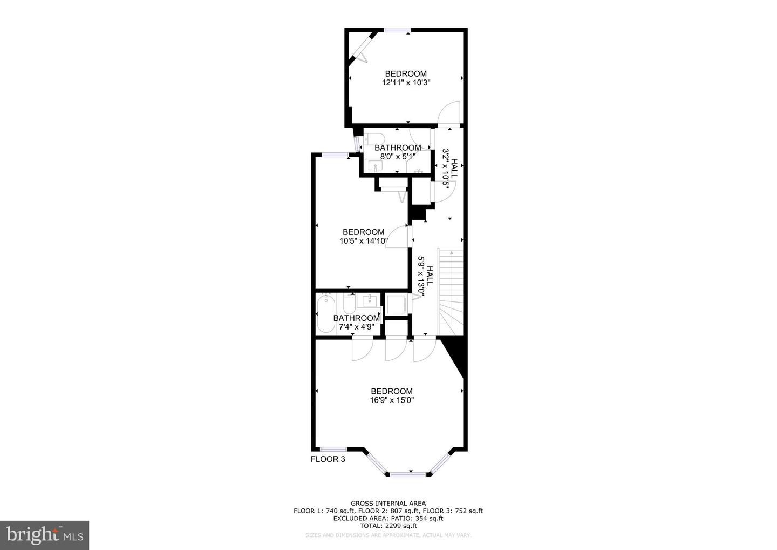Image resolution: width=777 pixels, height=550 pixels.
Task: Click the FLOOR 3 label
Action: [x=328, y=459]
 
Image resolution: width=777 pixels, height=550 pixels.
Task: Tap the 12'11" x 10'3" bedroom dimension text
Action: [x=406, y=83]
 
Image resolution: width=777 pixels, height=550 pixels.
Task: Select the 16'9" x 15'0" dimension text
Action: [x=392, y=400]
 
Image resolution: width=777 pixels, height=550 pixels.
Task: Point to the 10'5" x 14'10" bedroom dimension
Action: [x=364, y=241]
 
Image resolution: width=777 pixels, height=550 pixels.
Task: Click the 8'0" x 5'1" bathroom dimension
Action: [x=398, y=157]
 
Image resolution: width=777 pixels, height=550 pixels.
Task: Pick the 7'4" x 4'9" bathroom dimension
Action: [x=356, y=327]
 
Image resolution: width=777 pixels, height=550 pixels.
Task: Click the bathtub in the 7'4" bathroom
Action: [x=325, y=313]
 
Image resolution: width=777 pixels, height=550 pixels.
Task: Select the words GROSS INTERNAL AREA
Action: [x=388, y=503]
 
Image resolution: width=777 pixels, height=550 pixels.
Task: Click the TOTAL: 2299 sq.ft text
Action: [x=388, y=526]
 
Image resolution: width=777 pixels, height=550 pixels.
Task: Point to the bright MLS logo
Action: [x=44, y=535]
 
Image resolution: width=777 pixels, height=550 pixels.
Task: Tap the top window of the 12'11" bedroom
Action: [x=397, y=30]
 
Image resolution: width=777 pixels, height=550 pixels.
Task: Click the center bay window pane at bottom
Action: [x=408, y=474]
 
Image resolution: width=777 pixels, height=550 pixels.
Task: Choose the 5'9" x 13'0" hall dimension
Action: [x=425, y=277]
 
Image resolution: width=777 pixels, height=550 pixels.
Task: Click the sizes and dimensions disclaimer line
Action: [x=388, y=535]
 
